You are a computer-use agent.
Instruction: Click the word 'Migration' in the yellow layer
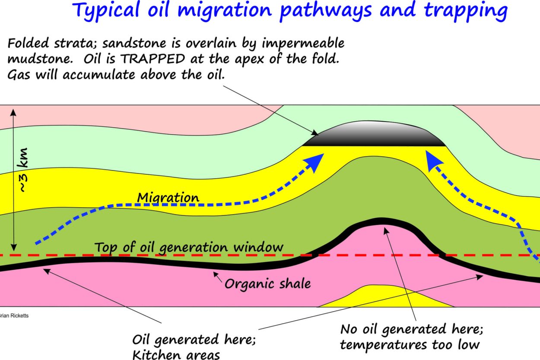[168, 198]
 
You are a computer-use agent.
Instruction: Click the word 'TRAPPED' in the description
[152, 59]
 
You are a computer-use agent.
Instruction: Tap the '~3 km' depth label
[23, 170]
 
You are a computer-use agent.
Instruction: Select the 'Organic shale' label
[267, 284]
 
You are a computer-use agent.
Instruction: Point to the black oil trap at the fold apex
[374, 134]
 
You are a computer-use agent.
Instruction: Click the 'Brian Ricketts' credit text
[14, 316]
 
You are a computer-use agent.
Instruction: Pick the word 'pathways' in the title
[326, 11]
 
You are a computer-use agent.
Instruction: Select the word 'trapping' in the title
[466, 11]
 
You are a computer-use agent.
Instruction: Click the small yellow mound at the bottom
[386, 297]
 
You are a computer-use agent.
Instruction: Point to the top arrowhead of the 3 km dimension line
[13, 112]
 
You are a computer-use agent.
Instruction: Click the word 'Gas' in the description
[19, 75]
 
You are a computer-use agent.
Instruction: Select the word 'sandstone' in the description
[134, 43]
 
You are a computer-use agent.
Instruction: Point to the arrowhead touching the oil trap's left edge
[314, 133]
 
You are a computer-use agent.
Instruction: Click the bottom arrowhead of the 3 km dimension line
[14, 247]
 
